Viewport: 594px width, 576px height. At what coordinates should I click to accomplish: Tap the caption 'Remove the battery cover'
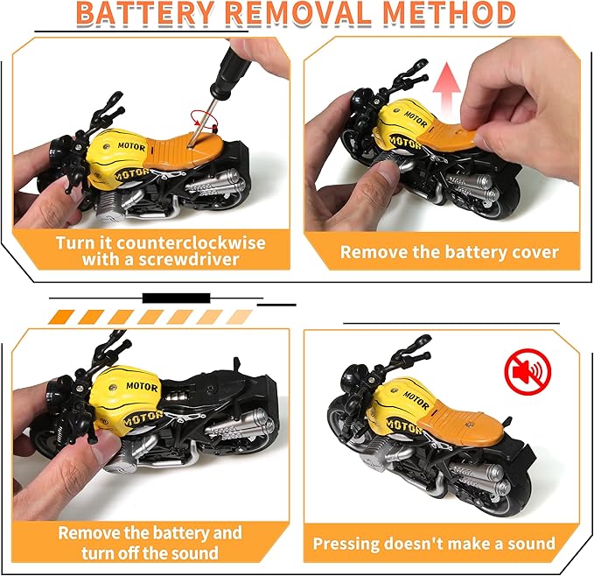coord(449,252)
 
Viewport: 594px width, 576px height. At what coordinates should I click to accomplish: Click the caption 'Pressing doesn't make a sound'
coord(434,544)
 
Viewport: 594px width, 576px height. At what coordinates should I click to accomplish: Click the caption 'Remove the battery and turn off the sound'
coord(150,543)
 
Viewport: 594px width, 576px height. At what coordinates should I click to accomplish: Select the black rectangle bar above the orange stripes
coord(176,298)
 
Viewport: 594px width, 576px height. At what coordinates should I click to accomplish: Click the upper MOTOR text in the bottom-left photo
coord(140,386)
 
